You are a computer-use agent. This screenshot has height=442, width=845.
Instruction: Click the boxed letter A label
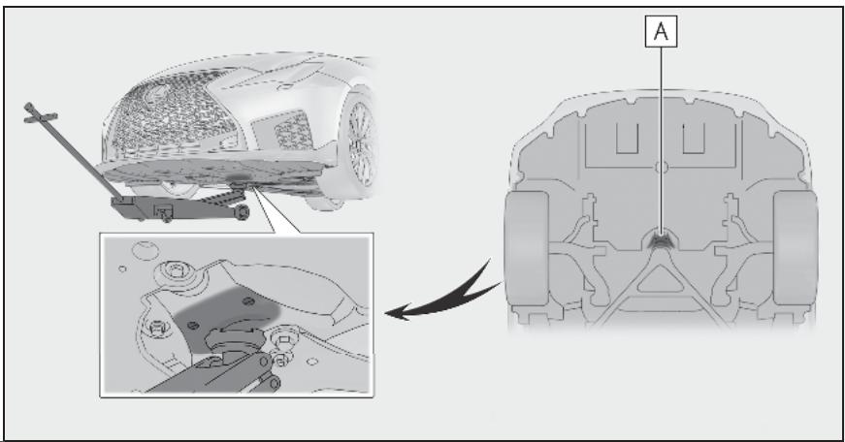point(661,31)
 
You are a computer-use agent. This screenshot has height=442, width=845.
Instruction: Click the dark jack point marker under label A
point(661,239)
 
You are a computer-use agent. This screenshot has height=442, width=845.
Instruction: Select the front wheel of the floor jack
point(243,212)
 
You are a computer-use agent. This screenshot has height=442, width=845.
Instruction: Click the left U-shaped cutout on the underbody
point(628,138)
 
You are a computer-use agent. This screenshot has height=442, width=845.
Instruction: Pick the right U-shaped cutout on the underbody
point(694,138)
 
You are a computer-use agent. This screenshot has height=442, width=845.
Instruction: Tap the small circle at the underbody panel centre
point(662,168)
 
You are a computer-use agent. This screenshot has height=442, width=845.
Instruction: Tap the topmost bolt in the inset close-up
point(174,269)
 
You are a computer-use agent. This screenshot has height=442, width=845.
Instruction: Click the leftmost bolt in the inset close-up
point(157,327)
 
